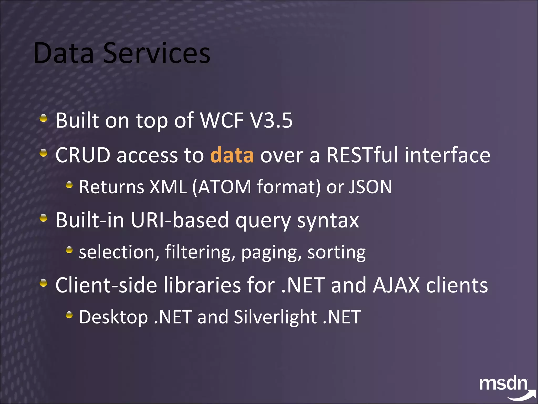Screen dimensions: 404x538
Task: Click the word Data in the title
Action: pos(64,53)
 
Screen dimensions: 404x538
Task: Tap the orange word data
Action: pos(232,155)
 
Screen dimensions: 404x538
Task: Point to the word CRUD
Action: pos(83,155)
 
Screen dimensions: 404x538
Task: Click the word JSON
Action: pos(370,187)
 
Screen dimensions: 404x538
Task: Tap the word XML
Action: pos(168,187)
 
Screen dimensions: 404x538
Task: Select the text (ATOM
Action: pos(222,187)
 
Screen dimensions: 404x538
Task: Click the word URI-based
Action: pos(180,220)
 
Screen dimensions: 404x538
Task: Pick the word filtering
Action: pos(200,252)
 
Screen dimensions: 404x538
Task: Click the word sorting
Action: pos(336,252)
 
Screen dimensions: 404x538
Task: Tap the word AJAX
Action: pos(396,285)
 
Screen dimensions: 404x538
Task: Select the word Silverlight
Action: pos(275,317)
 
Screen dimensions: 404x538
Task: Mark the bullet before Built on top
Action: pos(44,118)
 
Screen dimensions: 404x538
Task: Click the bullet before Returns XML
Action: pos(69,185)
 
